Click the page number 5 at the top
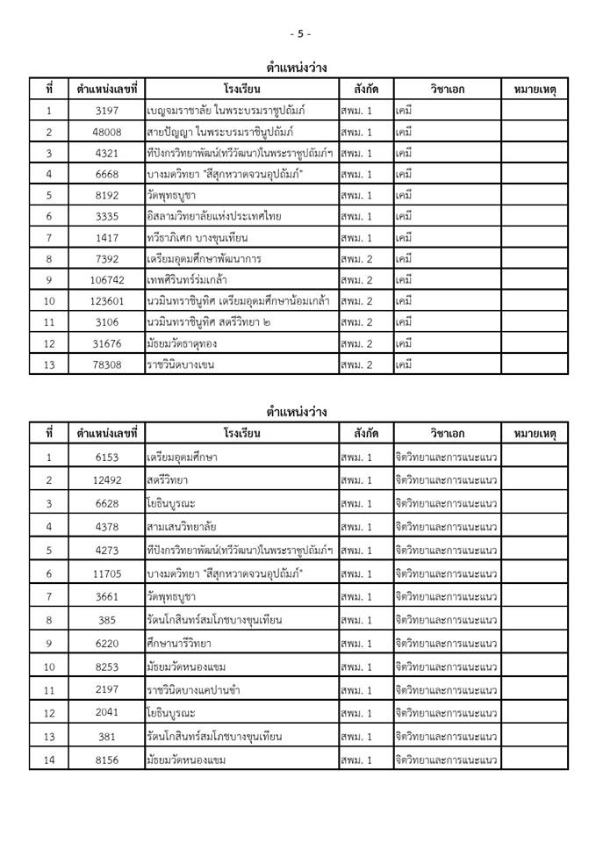[x=299, y=33]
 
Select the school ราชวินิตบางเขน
[x=181, y=364]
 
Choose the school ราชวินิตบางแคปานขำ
[x=192, y=690]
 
